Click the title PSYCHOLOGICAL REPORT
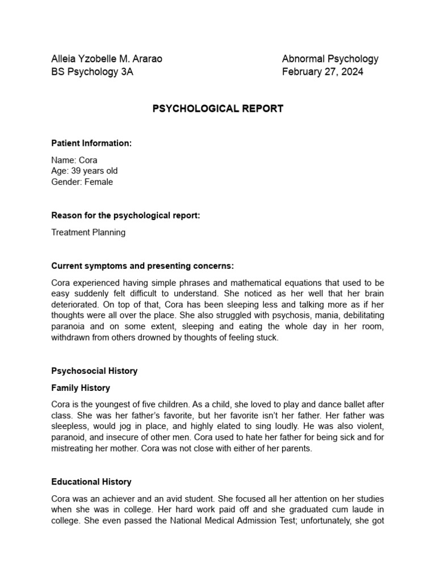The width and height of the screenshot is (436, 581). [x=218, y=108]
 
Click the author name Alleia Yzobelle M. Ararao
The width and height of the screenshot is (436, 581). [x=107, y=58]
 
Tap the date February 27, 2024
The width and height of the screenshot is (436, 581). [x=322, y=72]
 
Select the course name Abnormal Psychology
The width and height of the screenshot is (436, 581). [x=330, y=58]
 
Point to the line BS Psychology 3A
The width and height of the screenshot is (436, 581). [x=93, y=72]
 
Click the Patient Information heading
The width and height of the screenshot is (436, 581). [x=91, y=144]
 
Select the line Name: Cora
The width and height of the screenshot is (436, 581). [x=74, y=160]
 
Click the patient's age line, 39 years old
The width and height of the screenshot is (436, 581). [x=85, y=171]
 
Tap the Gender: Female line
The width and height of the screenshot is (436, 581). [x=82, y=182]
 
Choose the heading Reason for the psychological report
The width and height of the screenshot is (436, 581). [x=125, y=216]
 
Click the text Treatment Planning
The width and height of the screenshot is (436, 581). [x=89, y=232]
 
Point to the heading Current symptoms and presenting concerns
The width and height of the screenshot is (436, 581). [x=142, y=266]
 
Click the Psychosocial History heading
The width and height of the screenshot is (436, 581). [x=94, y=371]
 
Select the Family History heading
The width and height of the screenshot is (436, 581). [x=81, y=388]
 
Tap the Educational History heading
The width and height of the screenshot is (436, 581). [x=91, y=482]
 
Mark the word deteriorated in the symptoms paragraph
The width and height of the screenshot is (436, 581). [x=74, y=304]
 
